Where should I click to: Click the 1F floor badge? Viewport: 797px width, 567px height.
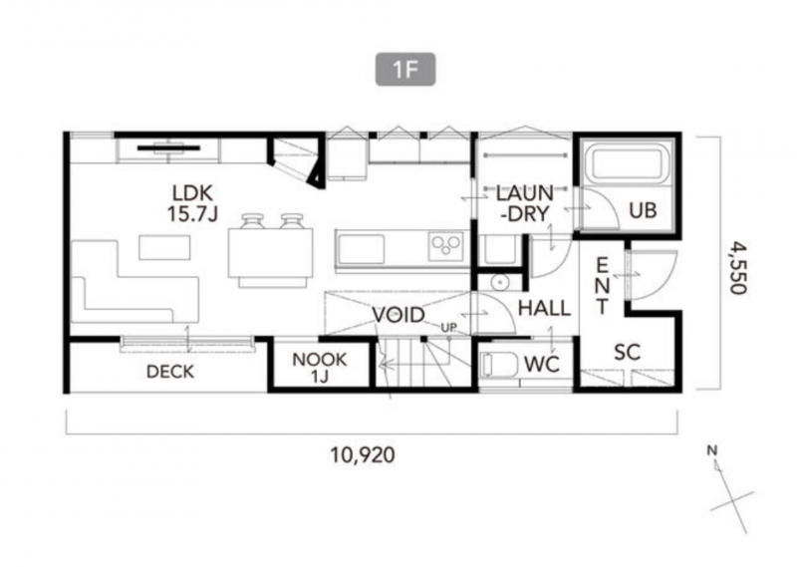pyautogui.click(x=405, y=69)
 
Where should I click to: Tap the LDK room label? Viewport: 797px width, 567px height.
pyautogui.click(x=192, y=193)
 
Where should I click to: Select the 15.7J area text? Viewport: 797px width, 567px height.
pyautogui.click(x=192, y=214)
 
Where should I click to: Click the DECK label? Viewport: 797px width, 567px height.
pyautogui.click(x=170, y=372)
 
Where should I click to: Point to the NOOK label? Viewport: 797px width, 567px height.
pyautogui.click(x=320, y=360)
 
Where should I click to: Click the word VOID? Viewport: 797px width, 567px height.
pyautogui.click(x=398, y=315)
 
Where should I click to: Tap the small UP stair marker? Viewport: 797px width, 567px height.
pyautogui.click(x=449, y=328)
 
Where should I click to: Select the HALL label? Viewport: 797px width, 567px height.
pyautogui.click(x=544, y=308)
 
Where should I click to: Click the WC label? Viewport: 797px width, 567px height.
pyautogui.click(x=542, y=364)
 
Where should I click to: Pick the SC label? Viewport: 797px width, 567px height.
pyautogui.click(x=628, y=352)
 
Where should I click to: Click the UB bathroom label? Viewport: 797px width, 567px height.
pyautogui.click(x=643, y=210)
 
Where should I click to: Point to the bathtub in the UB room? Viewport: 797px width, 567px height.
pyautogui.click(x=628, y=163)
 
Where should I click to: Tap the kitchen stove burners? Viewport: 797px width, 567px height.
pyautogui.click(x=445, y=246)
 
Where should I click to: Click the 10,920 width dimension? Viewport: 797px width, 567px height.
pyautogui.click(x=363, y=454)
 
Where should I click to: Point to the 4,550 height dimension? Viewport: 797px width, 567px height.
pyautogui.click(x=738, y=267)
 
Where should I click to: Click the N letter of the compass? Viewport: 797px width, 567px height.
pyautogui.click(x=712, y=450)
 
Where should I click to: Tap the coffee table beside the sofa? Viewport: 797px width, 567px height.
pyautogui.click(x=164, y=247)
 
